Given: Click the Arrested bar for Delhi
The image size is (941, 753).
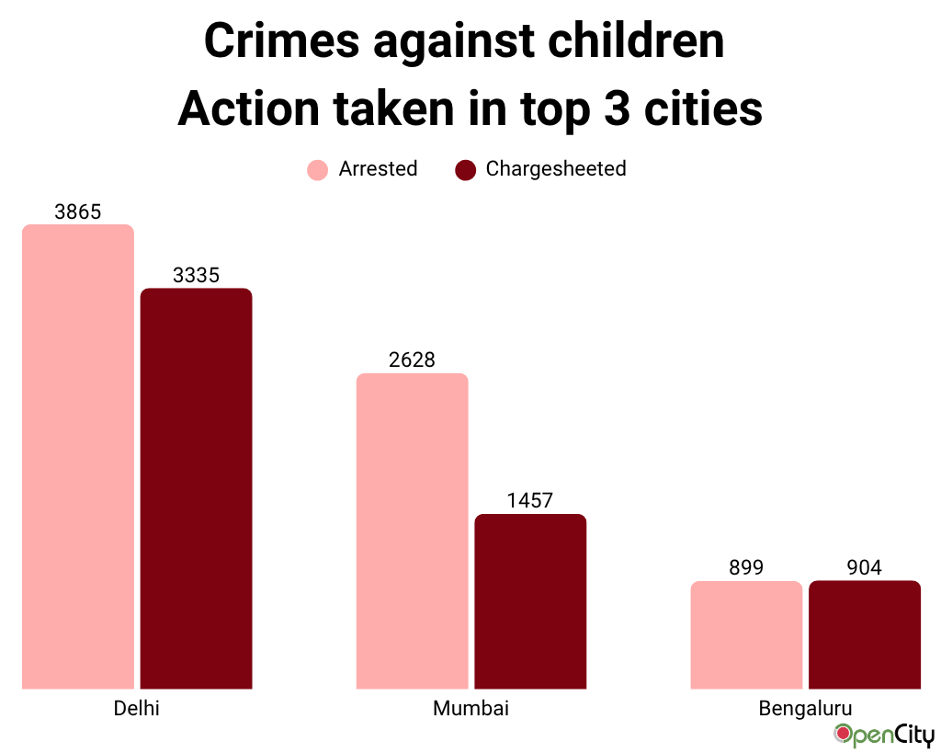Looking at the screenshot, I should pyautogui.click(x=78, y=456).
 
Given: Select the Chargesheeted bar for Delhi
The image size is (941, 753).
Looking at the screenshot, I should pyautogui.click(x=196, y=488).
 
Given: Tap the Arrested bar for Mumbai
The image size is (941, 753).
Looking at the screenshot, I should pyautogui.click(x=412, y=531).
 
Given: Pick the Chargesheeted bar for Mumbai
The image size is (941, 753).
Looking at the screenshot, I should pyautogui.click(x=530, y=601).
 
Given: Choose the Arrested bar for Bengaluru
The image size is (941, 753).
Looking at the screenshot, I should pyautogui.click(x=746, y=634).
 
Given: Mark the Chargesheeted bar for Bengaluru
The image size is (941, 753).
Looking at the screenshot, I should pyautogui.click(x=864, y=634).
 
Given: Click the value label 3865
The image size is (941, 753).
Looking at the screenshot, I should pyautogui.click(x=78, y=211).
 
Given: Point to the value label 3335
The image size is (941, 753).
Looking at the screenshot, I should pyautogui.click(x=196, y=275).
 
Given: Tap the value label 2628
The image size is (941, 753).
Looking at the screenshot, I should pyautogui.click(x=412, y=359).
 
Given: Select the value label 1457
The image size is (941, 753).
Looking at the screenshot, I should pyautogui.click(x=530, y=500).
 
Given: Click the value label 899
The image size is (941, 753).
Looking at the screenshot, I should pyautogui.click(x=746, y=567).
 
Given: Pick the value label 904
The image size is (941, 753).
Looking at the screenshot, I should pyautogui.click(x=864, y=567).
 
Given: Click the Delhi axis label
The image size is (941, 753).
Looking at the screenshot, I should pyautogui.click(x=137, y=709).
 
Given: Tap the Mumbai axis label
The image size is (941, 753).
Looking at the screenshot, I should pyautogui.click(x=470, y=709).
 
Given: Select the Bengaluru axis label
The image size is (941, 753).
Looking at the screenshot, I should pyautogui.click(x=805, y=709).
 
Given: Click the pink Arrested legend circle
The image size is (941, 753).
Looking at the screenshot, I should pyautogui.click(x=317, y=170).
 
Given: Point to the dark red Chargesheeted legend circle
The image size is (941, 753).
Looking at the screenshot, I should pyautogui.click(x=465, y=170).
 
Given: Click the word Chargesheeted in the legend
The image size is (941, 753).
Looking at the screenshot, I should pyautogui.click(x=556, y=169).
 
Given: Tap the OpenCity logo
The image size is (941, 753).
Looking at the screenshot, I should pyautogui.click(x=883, y=736).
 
